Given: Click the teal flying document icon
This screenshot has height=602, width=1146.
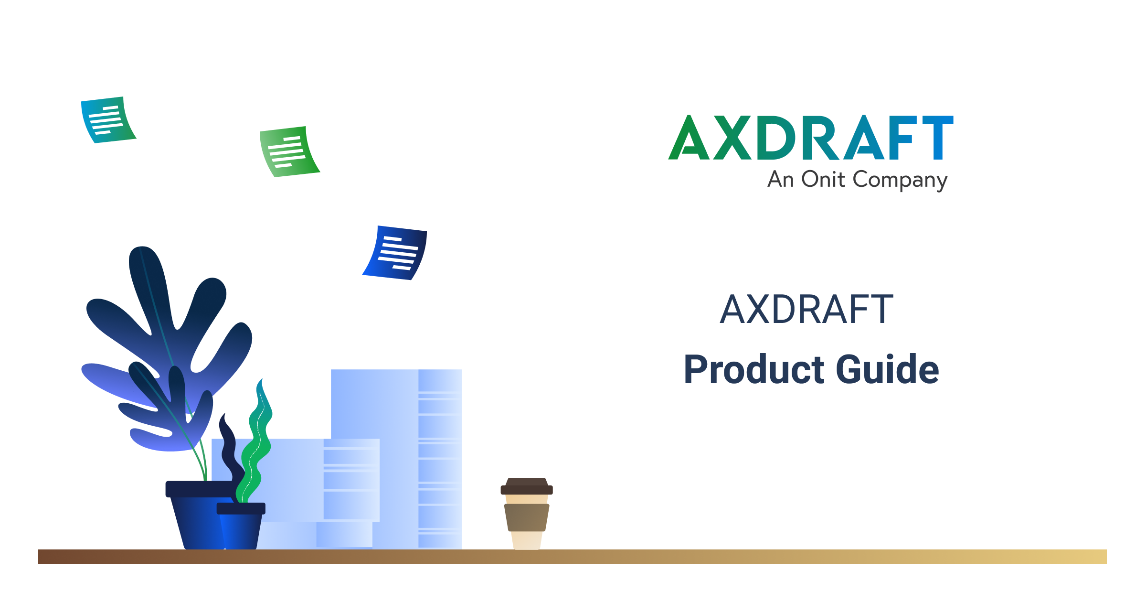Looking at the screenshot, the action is point(108,120).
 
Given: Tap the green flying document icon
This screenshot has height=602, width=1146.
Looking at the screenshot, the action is point(289,151).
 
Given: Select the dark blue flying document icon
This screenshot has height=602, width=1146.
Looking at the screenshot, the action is point(395,253).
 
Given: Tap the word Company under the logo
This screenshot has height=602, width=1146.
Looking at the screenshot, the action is point(900,181).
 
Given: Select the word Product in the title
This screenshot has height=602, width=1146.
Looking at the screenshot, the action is point(754,369).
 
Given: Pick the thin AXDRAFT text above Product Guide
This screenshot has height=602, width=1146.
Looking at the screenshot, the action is point(806,310).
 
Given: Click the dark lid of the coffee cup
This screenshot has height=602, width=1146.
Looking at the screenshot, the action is point(527,486).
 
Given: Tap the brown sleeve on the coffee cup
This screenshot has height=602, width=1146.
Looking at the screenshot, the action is point(527,517).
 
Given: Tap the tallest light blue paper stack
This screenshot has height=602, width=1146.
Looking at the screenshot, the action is point(396,459).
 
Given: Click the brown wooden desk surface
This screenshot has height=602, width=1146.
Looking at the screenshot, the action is point(573,557).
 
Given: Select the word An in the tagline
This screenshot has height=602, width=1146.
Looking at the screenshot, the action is point(781,180).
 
